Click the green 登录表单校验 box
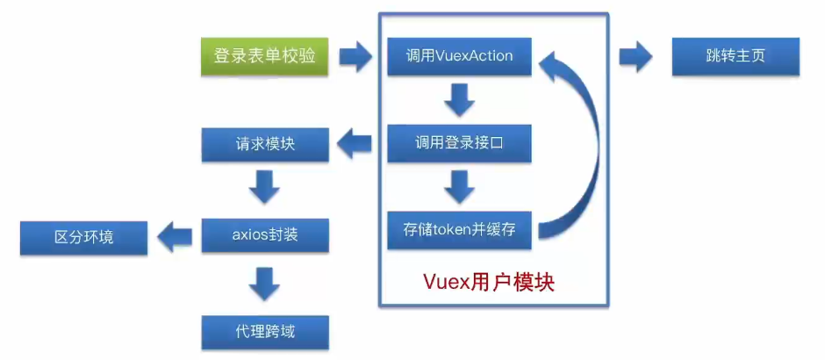coord(265,56)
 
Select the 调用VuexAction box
coord(459,56)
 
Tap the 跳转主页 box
coord(735,56)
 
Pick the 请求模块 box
coord(265,143)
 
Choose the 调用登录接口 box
coord(459,143)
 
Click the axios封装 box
coord(265,235)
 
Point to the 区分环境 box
coord(83,238)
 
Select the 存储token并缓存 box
coord(459,230)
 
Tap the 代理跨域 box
coord(265,332)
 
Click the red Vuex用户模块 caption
coord(489,284)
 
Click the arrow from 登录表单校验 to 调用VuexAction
coord(356,56)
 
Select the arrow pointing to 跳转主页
coord(636,56)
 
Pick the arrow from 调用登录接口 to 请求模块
coord(354,143)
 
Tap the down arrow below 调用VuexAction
coord(459,100)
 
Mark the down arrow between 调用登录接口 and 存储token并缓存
coord(459,187)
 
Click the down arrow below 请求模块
coord(264,187)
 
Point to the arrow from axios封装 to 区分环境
coord(175,237)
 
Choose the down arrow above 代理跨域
coord(264,284)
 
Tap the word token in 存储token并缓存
coord(461,231)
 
